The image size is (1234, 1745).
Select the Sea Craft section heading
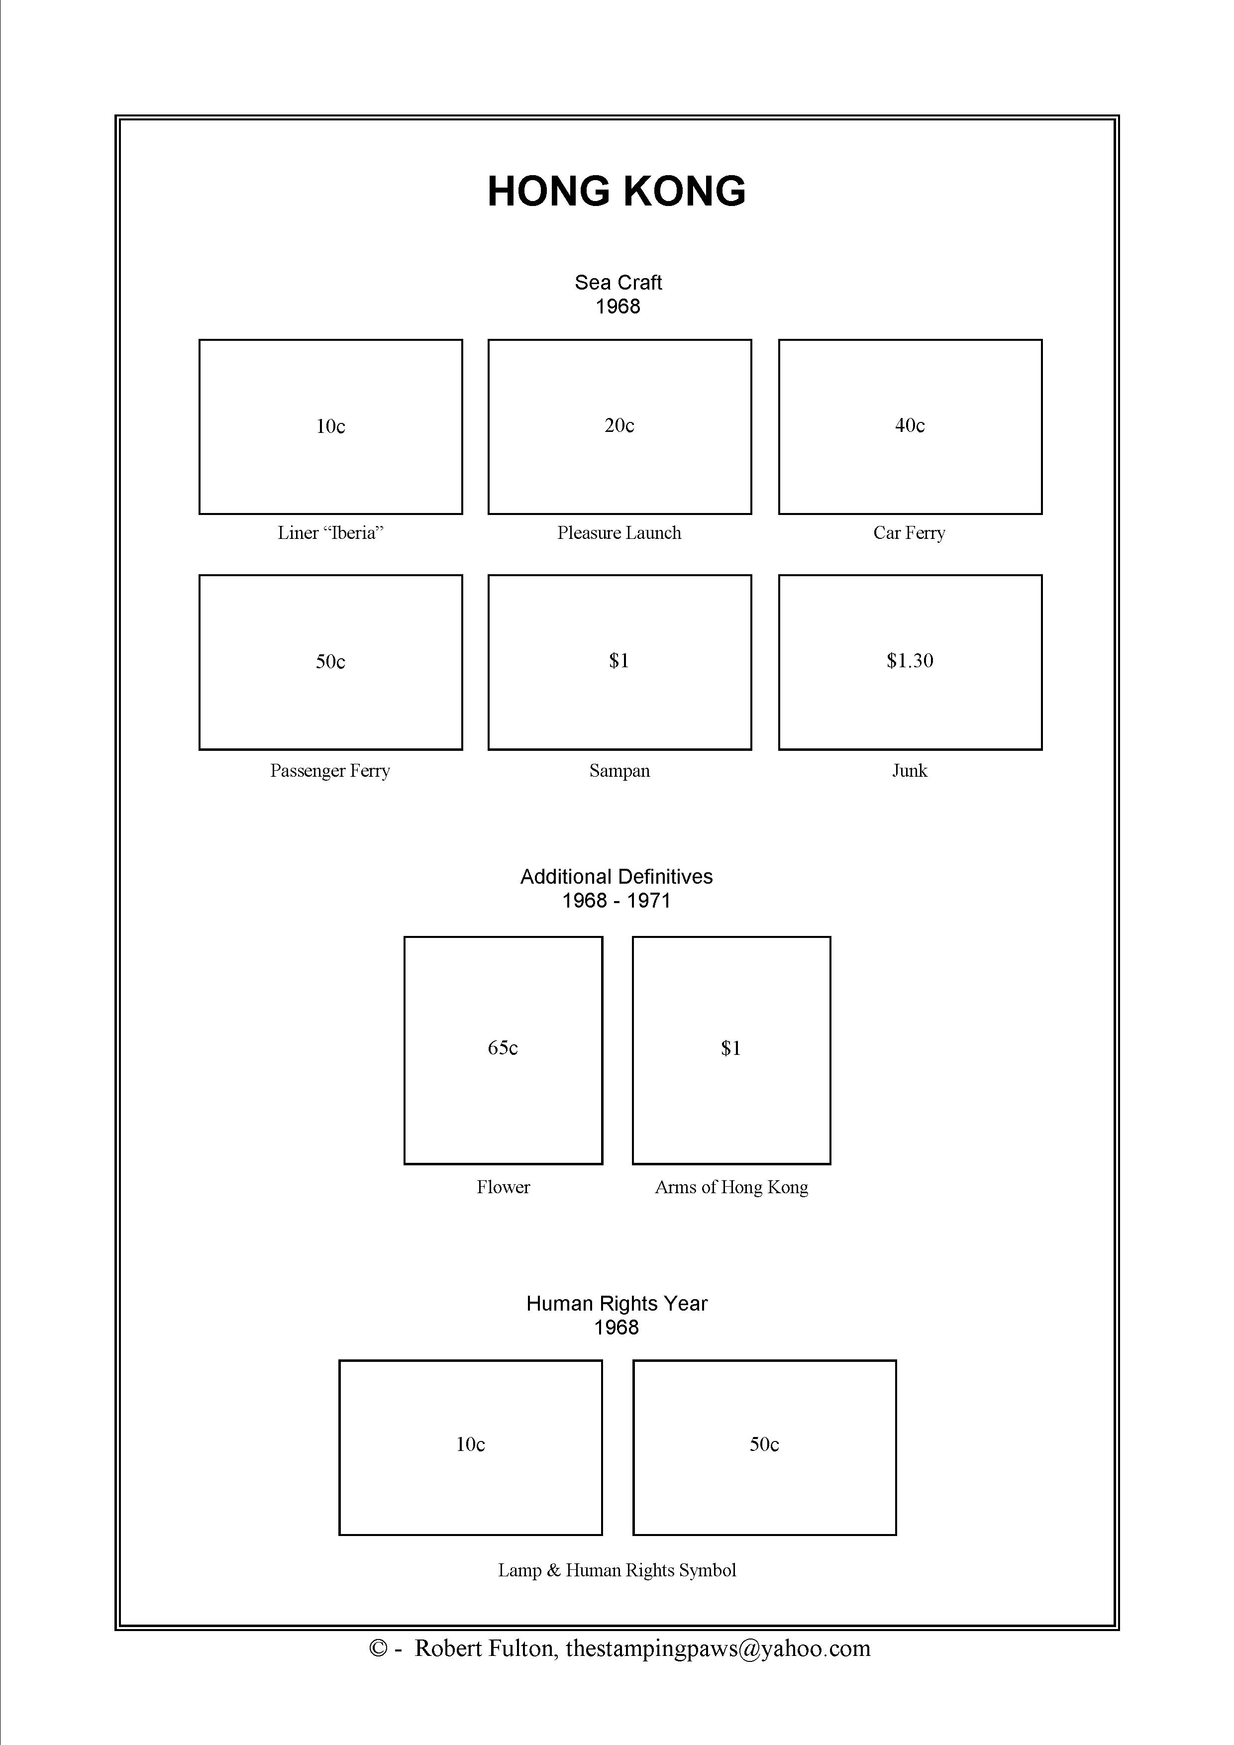[x=618, y=283]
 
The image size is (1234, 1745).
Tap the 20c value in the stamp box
[x=619, y=425]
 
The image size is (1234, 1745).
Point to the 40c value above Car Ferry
[x=910, y=425]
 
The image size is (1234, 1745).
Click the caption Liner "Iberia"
[x=330, y=533]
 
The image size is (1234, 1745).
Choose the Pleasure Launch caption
[x=619, y=533]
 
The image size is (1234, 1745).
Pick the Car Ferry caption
[x=910, y=533]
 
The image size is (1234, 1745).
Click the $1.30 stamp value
[x=910, y=660]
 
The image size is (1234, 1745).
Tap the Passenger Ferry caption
[x=330, y=771]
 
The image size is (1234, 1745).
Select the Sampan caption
[x=619, y=771]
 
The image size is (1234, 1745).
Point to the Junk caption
[x=910, y=771]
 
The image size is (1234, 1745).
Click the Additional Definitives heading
[x=616, y=877]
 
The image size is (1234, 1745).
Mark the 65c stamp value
[x=503, y=1048]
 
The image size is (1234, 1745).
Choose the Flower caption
[x=503, y=1187]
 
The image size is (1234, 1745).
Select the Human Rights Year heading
[x=616, y=1304]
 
